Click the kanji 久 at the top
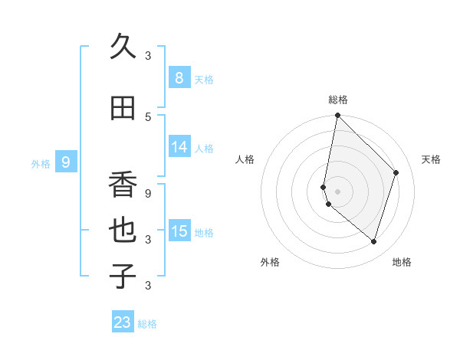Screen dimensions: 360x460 click(123, 47)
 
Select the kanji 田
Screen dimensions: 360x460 click(123, 109)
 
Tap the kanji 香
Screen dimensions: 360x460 click(123, 185)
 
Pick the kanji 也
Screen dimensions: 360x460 click(123, 231)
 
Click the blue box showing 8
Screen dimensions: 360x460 click(179, 78)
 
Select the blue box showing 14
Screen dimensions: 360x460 click(179, 147)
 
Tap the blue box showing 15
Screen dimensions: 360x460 click(179, 231)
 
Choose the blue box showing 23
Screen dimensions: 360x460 click(123, 322)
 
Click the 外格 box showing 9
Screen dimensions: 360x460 click(66, 162)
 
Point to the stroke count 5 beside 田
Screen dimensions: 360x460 click(148, 116)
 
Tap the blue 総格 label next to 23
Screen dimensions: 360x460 click(147, 324)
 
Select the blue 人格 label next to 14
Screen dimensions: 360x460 click(204, 148)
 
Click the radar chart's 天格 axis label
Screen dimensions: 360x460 click(431, 159)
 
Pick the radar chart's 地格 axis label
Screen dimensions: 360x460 click(402, 262)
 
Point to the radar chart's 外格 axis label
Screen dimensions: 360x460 click(270, 262)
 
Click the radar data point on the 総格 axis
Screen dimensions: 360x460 click(337, 116)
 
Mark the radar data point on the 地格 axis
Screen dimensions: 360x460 click(373, 242)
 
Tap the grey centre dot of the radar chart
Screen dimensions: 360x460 click(337, 191)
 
